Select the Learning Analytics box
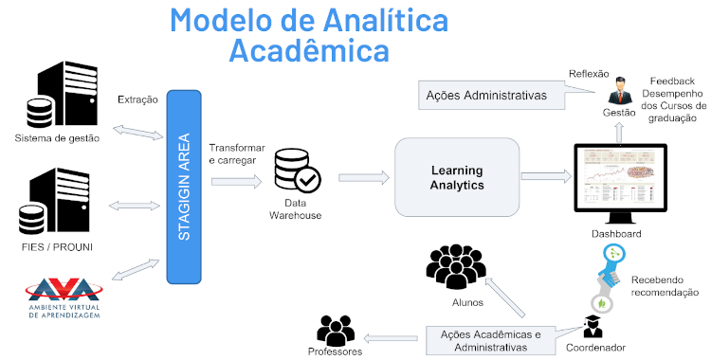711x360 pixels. [x=458, y=177]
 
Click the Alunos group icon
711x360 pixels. [x=457, y=268]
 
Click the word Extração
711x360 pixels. [x=138, y=99]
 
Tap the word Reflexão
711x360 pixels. [x=589, y=73]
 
